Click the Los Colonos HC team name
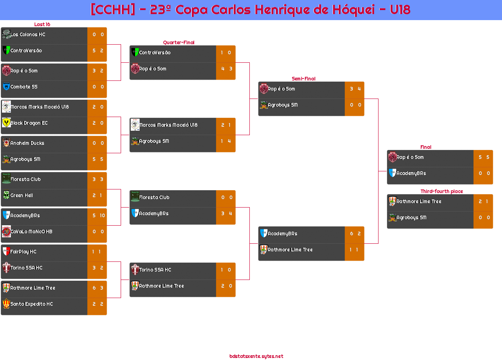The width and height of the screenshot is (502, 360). point(28,35)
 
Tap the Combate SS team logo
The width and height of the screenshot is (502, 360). point(6,86)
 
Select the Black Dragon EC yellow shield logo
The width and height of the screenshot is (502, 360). point(6,123)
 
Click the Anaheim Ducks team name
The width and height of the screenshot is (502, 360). point(27,143)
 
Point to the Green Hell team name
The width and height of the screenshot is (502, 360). point(21,195)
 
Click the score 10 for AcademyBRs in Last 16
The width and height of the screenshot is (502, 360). point(102,216)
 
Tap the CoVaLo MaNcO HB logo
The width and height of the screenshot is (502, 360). point(6,231)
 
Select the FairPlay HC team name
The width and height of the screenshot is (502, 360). point(23,252)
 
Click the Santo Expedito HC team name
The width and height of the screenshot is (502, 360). point(32,304)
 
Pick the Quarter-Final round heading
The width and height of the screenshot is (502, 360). point(179,42)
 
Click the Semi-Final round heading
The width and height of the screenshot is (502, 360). point(303,79)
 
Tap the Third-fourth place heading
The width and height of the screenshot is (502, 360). point(442,191)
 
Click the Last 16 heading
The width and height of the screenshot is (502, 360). point(42,25)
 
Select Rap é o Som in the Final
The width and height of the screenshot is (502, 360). point(410,157)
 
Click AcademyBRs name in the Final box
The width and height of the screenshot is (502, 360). point(411,173)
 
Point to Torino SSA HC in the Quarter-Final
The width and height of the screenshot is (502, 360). point(155,270)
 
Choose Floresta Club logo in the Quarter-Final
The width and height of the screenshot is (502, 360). point(135,197)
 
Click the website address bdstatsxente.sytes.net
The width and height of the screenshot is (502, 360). point(256,356)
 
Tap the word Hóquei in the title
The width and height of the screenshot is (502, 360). point(354,10)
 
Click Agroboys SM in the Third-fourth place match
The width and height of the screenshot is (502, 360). point(411,218)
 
